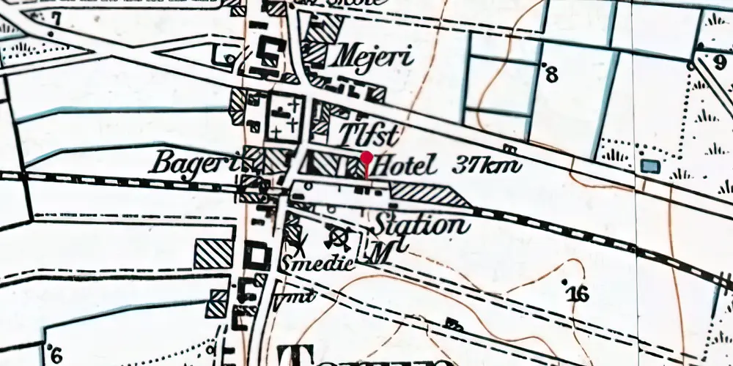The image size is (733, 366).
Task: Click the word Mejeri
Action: [x=372, y=56]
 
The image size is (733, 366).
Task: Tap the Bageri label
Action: [x=192, y=162]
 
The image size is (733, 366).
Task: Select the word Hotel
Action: [x=404, y=166]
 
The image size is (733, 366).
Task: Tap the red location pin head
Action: [x=366, y=157]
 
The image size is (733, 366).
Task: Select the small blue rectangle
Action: [x=649, y=166]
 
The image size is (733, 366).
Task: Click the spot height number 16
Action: [x=578, y=294]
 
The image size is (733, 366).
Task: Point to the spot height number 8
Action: [x=552, y=74]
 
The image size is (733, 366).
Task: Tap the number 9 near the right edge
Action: [x=721, y=61]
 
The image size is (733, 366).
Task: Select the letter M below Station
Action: [x=380, y=253]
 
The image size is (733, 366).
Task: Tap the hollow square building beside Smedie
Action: [x=258, y=256]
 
